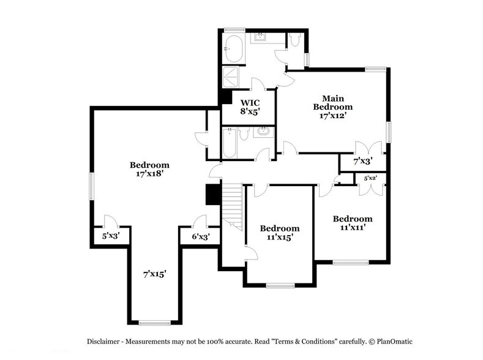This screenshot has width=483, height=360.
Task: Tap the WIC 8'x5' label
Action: pyautogui.click(x=250, y=107)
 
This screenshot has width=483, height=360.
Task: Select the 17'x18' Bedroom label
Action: pyautogui.click(x=149, y=169)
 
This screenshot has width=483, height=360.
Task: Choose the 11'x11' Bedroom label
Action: pyautogui.click(x=353, y=223)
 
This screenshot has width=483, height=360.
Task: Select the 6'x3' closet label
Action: pyautogui.click(x=200, y=237)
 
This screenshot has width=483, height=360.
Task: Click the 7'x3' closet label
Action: pyautogui.click(x=362, y=162)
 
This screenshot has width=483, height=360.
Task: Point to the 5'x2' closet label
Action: pyautogui.click(x=370, y=178)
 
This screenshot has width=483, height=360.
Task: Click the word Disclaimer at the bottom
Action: pyautogui.click(x=107, y=340)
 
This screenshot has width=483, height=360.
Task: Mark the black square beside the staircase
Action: pyautogui.click(x=213, y=194)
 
